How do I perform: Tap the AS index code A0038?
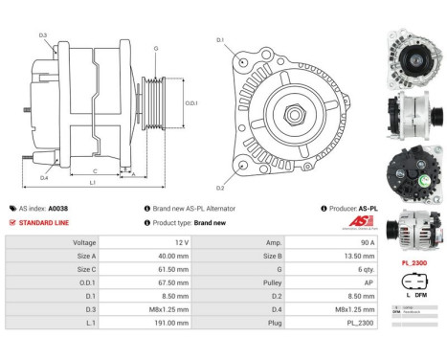coord(58,208)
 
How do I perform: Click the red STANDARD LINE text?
coord(45,222)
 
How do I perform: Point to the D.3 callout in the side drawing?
coord(44,35)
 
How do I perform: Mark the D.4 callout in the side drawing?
coord(44,178)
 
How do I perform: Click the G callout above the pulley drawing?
coord(155,47)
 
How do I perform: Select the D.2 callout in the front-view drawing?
coord(220,187)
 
